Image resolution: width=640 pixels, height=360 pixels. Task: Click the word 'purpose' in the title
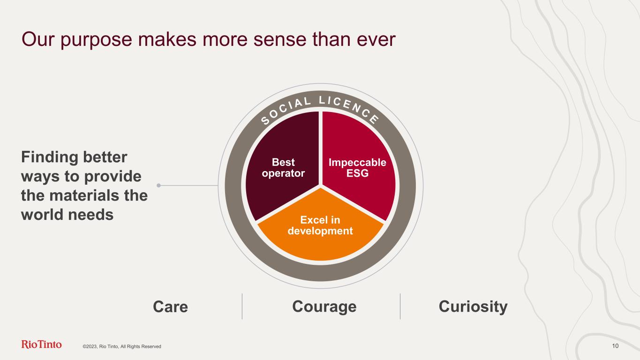point(95,40)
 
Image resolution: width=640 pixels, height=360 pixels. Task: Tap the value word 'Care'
point(170,307)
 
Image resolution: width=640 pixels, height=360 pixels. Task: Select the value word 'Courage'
point(324,307)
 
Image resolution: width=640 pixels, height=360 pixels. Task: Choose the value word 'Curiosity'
point(473,307)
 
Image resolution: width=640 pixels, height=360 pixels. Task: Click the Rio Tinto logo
point(42,345)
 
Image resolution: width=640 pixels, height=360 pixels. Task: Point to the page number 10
point(615,346)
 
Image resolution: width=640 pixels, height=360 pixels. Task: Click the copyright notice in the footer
point(122,346)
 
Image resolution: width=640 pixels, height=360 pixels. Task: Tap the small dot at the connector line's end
point(159,186)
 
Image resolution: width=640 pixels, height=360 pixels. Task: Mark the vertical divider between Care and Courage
point(242,307)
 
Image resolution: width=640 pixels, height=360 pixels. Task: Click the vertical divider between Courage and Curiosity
point(400,307)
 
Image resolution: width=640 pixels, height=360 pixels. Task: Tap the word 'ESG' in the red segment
point(357,173)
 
